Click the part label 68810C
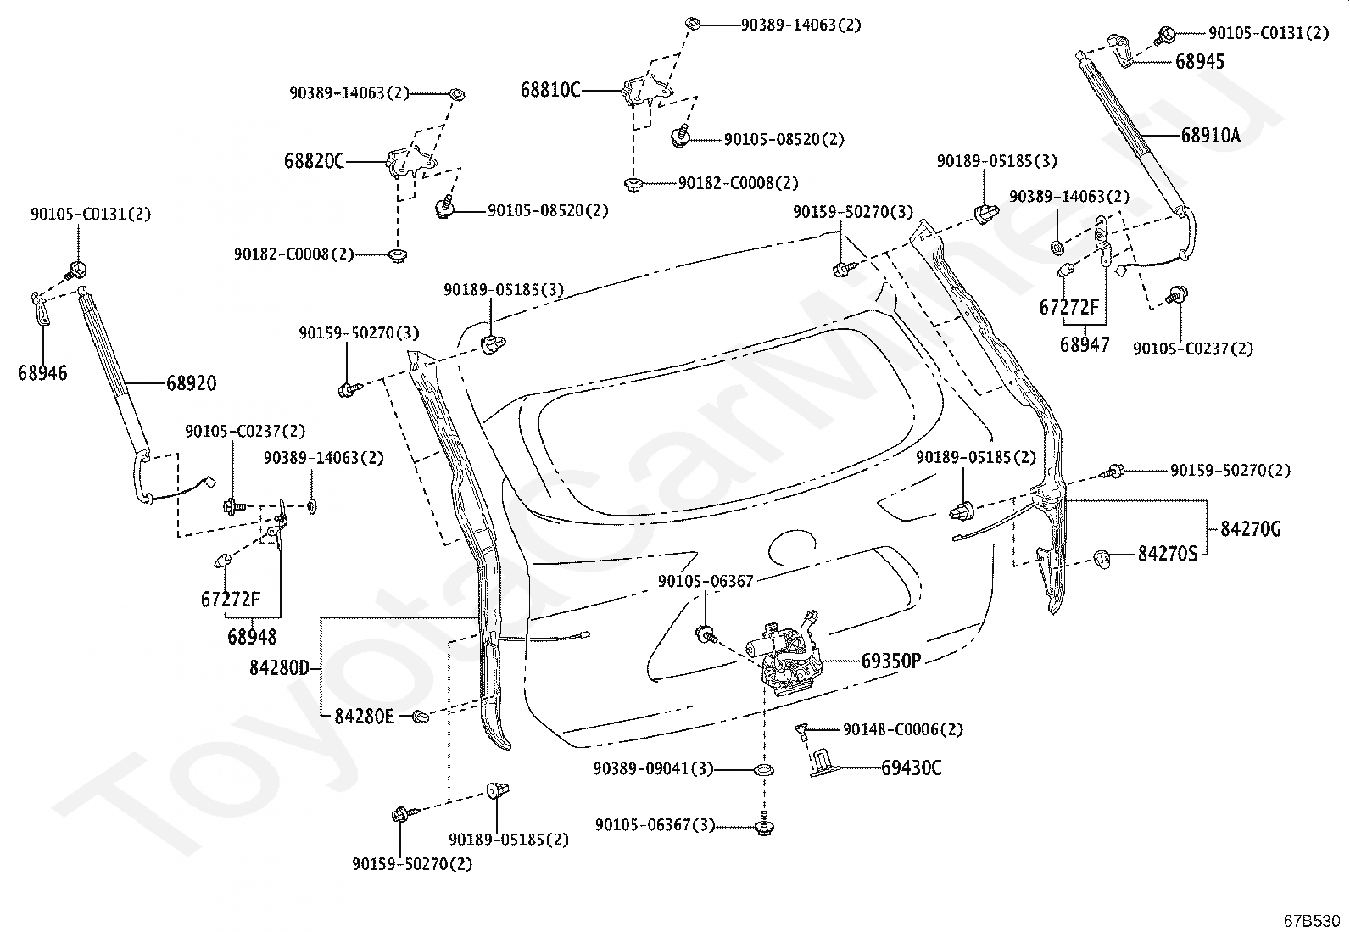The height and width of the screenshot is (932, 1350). coord(550,91)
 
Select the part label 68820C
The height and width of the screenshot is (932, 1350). coord(314,162)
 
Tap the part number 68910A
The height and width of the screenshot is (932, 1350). coord(1210,136)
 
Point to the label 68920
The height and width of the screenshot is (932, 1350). coord(191,382)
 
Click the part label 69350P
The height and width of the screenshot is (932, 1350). coord(890,661)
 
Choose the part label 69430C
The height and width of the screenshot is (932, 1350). coord(912,768)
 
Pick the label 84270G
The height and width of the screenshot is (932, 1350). coord(1251,529)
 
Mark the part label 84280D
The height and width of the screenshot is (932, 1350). coord(279,668)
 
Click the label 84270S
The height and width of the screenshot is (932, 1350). coord(1168,554)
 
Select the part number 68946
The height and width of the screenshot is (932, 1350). coord(42,372)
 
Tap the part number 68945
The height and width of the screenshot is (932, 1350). coord(1200,62)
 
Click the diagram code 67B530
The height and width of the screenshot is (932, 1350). coord(1312,920)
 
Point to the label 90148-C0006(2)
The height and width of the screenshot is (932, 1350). coord(903,729)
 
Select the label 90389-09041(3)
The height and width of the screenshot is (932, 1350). coord(653,768)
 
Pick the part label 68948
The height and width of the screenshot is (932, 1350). coord(252,637)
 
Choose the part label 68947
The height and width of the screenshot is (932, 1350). coord(1085,345)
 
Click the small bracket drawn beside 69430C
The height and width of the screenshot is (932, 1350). coord(823,762)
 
